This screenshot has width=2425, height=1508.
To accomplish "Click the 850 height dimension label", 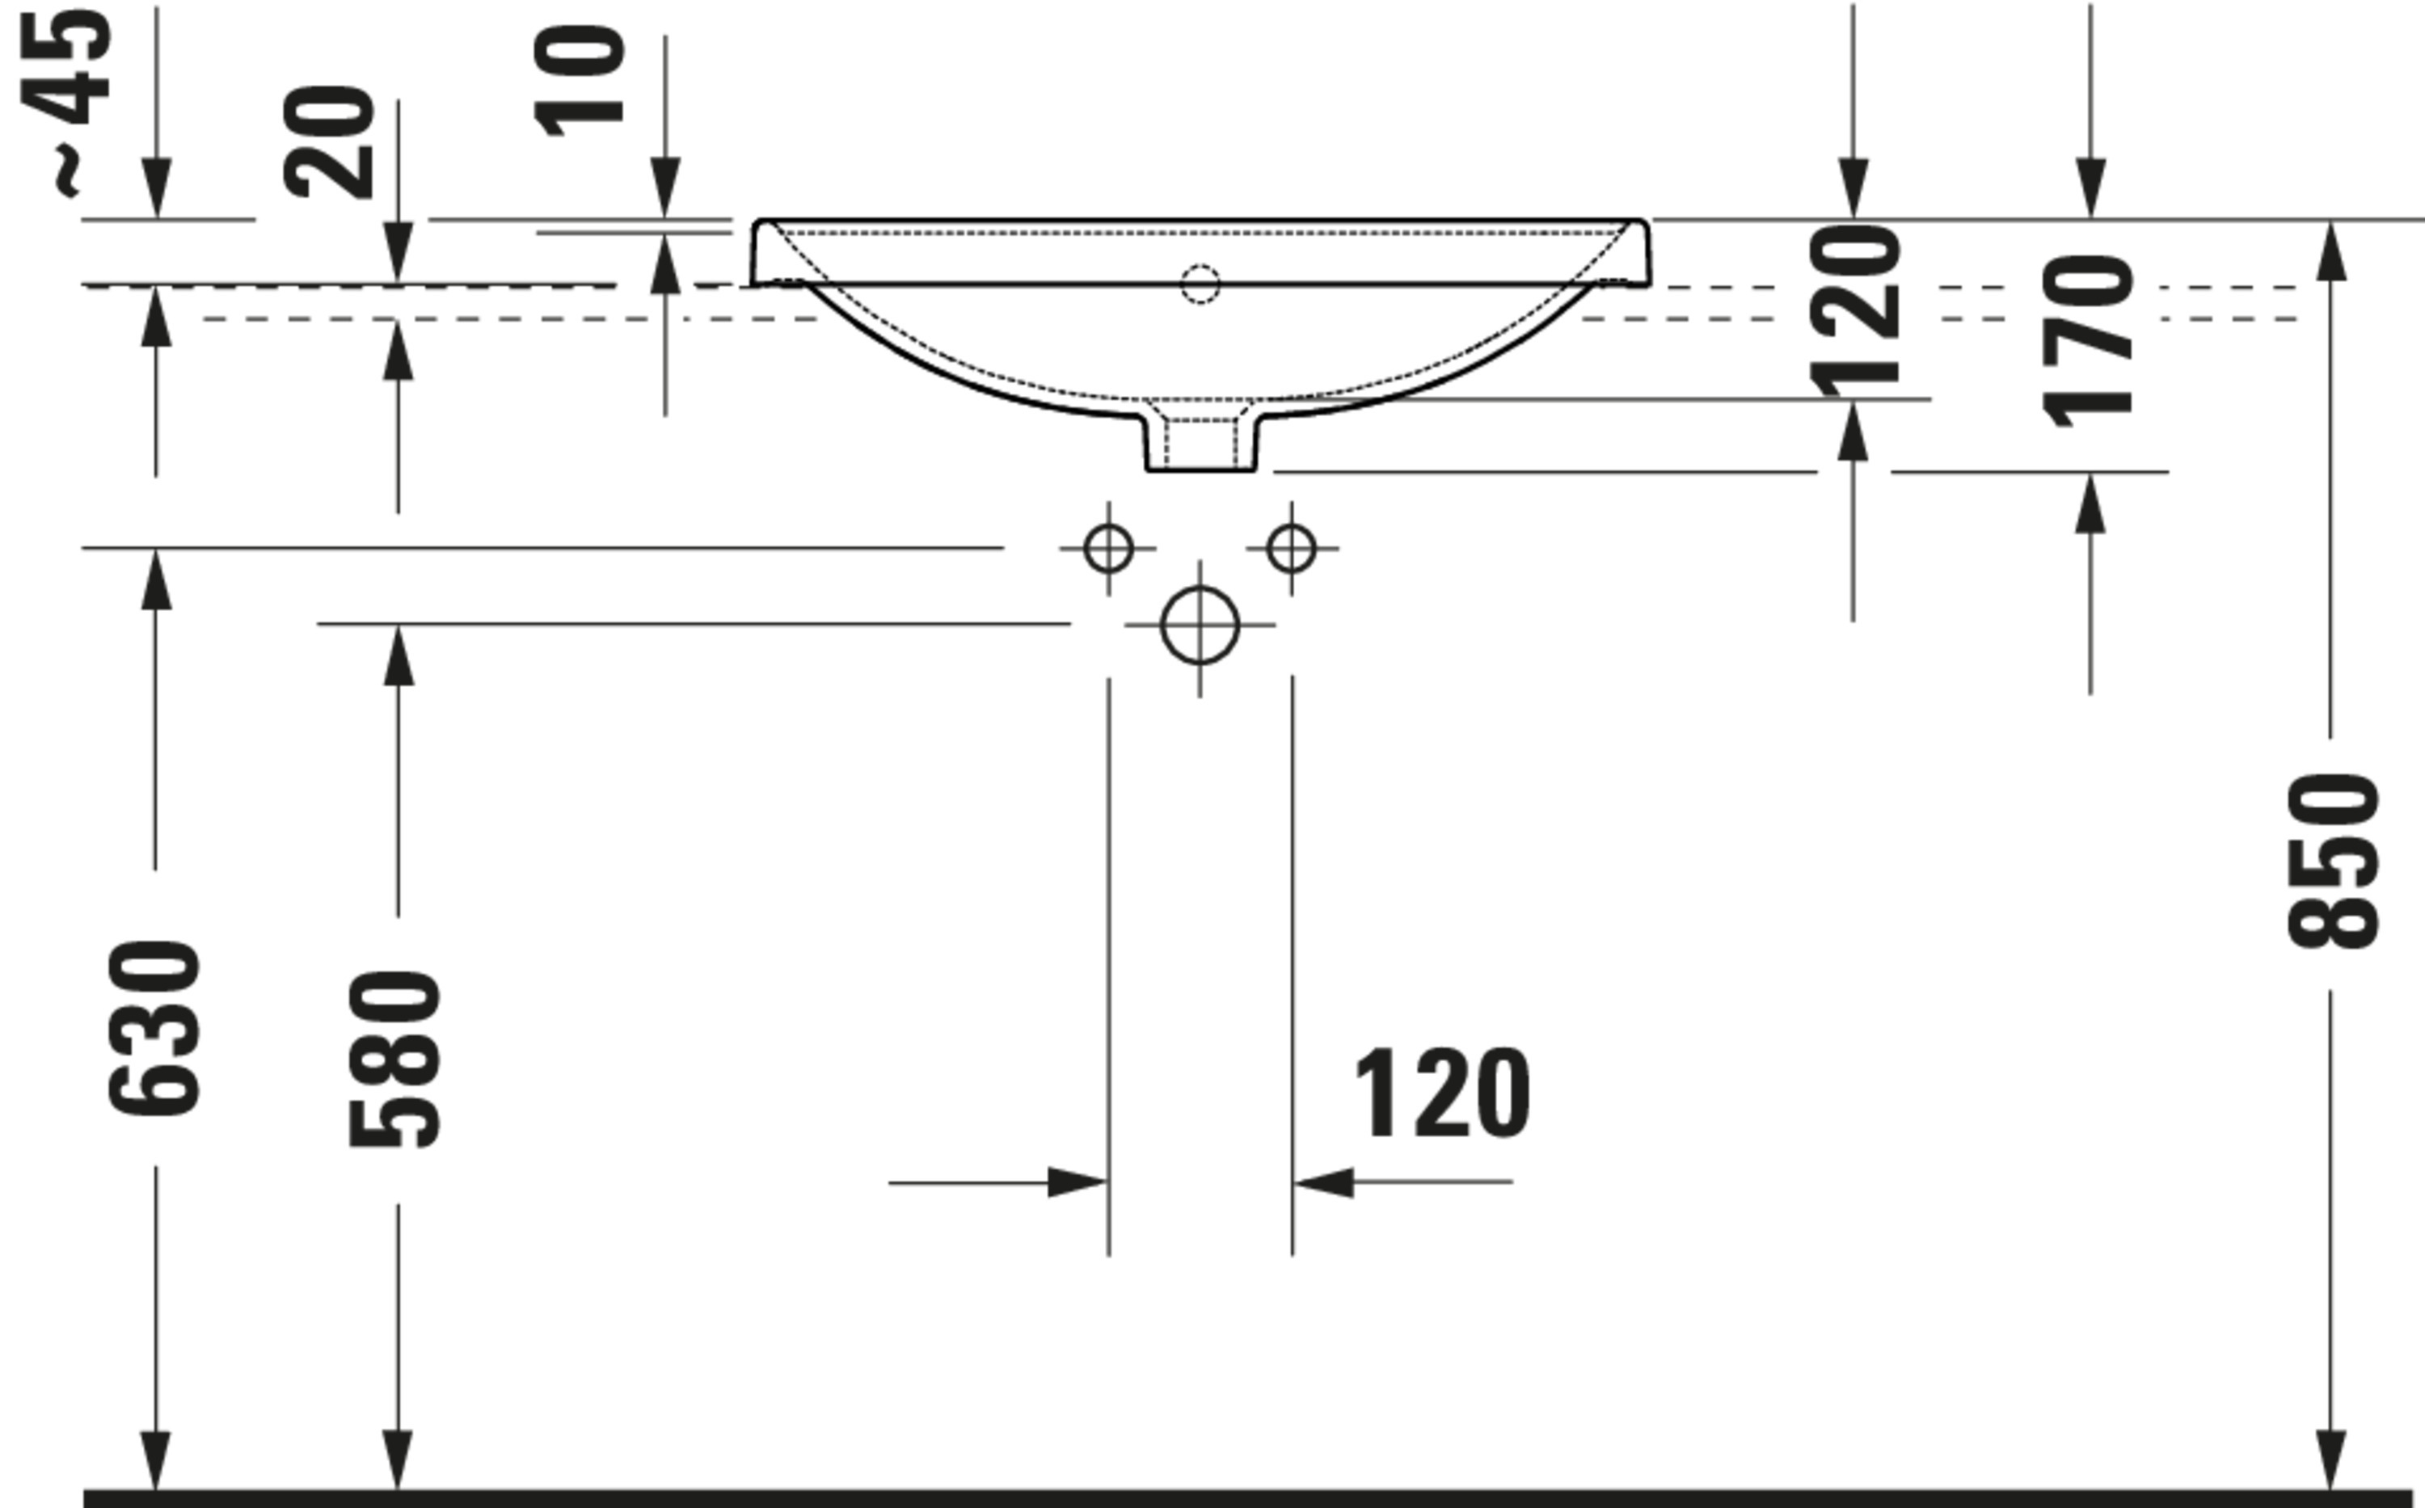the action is [2333, 860].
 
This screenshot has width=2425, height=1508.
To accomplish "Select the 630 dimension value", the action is [154, 1026].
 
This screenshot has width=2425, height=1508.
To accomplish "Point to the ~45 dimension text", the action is [65, 99].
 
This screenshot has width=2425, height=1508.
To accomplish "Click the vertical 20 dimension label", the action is [329, 142].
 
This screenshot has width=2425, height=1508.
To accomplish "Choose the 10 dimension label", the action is [580, 82].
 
